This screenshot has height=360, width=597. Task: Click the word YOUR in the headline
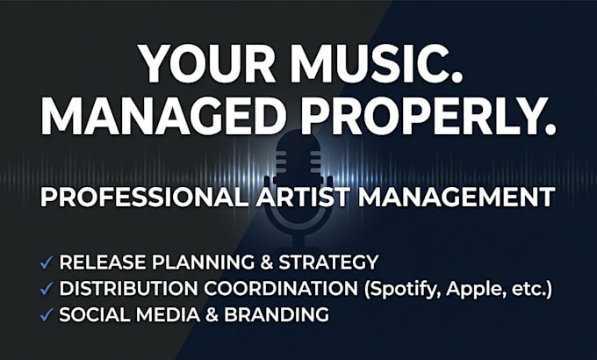[x=208, y=63]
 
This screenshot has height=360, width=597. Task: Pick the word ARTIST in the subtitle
[x=303, y=197]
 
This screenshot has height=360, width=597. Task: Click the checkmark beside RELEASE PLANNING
[x=46, y=263]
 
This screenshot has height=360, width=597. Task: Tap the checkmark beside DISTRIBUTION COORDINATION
[x=46, y=289]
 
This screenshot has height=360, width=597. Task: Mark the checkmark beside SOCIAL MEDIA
[x=46, y=314]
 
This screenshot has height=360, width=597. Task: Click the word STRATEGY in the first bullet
[x=328, y=262]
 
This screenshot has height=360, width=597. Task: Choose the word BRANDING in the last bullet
[x=277, y=314]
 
